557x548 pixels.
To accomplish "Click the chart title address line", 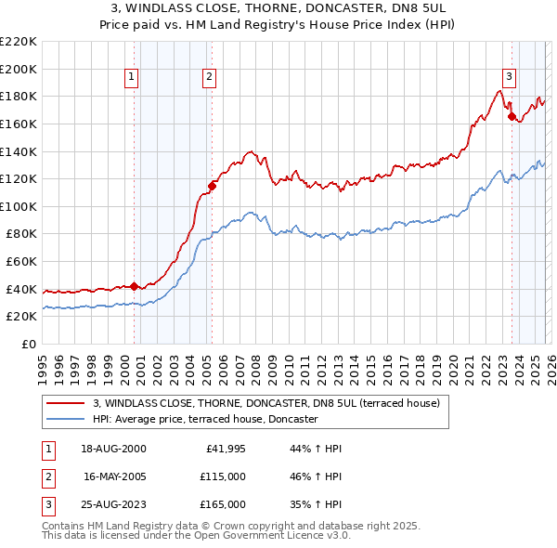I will pyautogui.click(x=278, y=7).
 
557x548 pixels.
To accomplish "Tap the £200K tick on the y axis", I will pyautogui.click(x=19, y=69).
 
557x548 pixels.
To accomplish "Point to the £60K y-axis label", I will pyautogui.click(x=21, y=262).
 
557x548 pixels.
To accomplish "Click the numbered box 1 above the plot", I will pyautogui.click(x=133, y=77).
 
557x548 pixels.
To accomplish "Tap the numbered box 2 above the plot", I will pyautogui.click(x=211, y=77).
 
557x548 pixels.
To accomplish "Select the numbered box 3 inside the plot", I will pyautogui.click(x=510, y=77).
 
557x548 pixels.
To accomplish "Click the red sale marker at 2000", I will pyautogui.click(x=134, y=286).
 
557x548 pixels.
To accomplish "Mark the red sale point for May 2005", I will pyautogui.click(x=212, y=186).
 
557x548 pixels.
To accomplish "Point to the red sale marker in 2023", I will pyautogui.click(x=511, y=117).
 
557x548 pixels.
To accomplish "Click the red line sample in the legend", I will pyautogui.click(x=66, y=403).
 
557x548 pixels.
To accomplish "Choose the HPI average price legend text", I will pyautogui.click(x=206, y=420).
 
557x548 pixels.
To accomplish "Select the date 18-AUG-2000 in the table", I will pyautogui.click(x=114, y=449).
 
